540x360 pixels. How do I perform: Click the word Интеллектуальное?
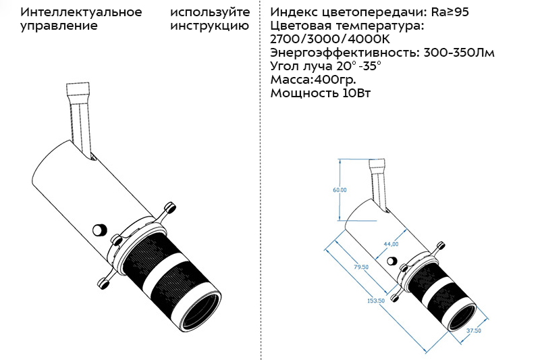[x=81, y=12]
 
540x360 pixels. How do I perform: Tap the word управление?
[x=59, y=26]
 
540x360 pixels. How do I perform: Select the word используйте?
[x=210, y=12]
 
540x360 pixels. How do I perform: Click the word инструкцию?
[x=210, y=26]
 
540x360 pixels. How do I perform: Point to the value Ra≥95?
[x=450, y=12]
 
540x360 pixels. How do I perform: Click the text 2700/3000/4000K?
[x=330, y=39]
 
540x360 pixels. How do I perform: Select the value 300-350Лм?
[x=459, y=53]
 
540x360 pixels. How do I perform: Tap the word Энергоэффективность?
[x=345, y=53]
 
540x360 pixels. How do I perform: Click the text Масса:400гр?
[x=313, y=80]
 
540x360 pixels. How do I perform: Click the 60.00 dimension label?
[x=340, y=190]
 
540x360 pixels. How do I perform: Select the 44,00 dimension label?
[x=391, y=244]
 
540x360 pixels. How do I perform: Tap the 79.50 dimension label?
[x=361, y=267]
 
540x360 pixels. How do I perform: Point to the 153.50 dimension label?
[x=376, y=301]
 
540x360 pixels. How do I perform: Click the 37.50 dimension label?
[x=474, y=331]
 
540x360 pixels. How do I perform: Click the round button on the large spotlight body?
[x=99, y=230]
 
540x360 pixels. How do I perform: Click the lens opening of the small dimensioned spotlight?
[x=462, y=317]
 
